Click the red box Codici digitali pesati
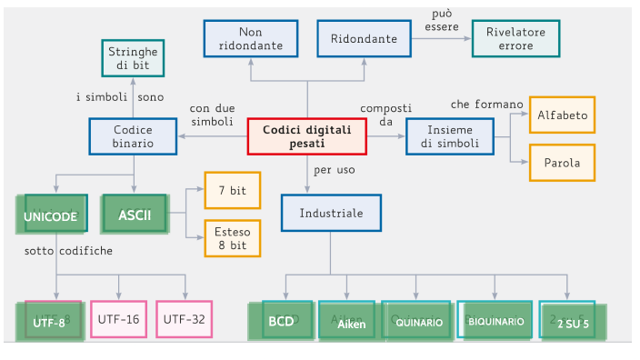click(307, 136)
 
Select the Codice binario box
click(134, 136)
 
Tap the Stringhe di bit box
click(133, 59)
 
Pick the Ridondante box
click(364, 38)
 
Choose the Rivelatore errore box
click(515, 38)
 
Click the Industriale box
click(331, 213)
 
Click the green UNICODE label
click(51, 216)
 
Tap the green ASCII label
click(135, 215)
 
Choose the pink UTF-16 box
click(119, 319)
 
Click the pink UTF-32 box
click(185, 319)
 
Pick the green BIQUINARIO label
click(495, 322)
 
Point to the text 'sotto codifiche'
click(69, 250)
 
